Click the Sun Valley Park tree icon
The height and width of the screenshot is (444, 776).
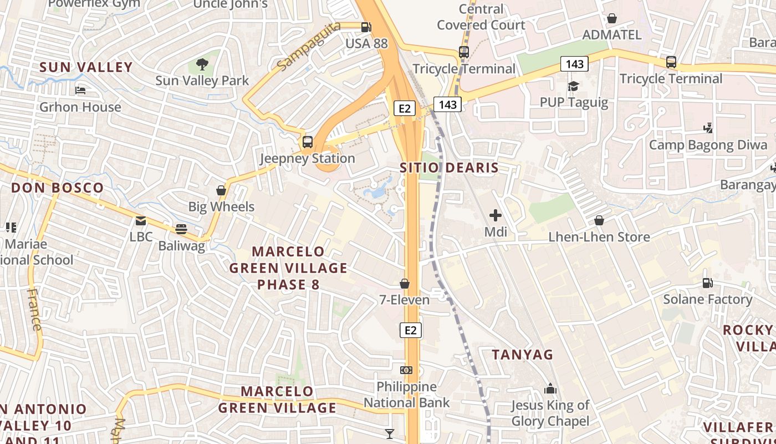click(x=202, y=64)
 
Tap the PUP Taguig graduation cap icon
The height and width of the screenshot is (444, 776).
click(x=573, y=87)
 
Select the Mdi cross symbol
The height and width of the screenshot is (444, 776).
click(x=496, y=215)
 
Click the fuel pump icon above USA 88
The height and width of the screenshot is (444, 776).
click(x=366, y=27)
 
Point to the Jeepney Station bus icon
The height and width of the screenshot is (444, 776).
click(x=308, y=142)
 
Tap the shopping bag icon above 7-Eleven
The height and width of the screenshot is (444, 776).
click(x=405, y=284)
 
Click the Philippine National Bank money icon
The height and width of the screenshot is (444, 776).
click(x=406, y=370)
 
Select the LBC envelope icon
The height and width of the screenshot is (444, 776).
click(x=141, y=221)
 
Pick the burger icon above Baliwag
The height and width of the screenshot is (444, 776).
click(x=181, y=229)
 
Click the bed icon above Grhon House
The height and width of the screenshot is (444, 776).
click(x=80, y=90)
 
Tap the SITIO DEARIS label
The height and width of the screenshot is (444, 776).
click(x=449, y=168)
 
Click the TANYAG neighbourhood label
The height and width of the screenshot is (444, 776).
click(x=523, y=354)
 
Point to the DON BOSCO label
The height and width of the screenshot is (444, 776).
click(x=58, y=188)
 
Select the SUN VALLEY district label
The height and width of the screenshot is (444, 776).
click(x=86, y=67)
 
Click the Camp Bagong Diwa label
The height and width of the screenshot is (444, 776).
click(x=708, y=145)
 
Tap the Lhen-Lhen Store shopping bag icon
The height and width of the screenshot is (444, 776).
click(x=599, y=220)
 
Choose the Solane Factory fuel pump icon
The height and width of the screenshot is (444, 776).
click(x=708, y=282)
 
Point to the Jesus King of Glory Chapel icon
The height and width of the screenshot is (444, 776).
click(x=550, y=389)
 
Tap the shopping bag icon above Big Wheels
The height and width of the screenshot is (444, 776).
click(x=221, y=190)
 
